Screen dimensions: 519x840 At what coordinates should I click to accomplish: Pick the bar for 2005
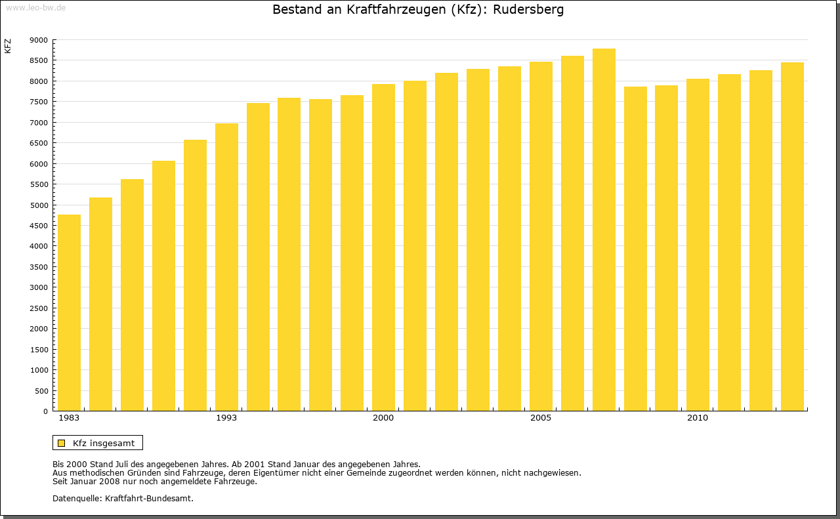point(541,236)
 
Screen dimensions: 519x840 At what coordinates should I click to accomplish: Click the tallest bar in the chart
point(604,230)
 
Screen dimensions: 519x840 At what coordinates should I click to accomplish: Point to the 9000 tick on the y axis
point(39,40)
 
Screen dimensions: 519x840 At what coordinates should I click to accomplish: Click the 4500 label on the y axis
point(39,226)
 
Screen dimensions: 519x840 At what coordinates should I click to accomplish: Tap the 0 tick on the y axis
point(45,411)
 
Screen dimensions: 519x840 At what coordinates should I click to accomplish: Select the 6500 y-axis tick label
point(39,143)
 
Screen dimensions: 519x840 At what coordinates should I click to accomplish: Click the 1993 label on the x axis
point(226,418)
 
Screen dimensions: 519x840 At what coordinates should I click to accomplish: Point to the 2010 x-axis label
point(698,418)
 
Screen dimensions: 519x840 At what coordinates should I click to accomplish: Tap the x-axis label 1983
point(69,418)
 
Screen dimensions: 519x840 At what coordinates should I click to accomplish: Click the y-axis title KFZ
point(8,46)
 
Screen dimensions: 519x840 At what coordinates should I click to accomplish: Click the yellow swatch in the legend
point(62,443)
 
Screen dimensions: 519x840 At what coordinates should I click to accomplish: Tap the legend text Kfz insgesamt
point(104,443)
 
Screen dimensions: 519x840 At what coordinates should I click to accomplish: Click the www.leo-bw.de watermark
point(35,7)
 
